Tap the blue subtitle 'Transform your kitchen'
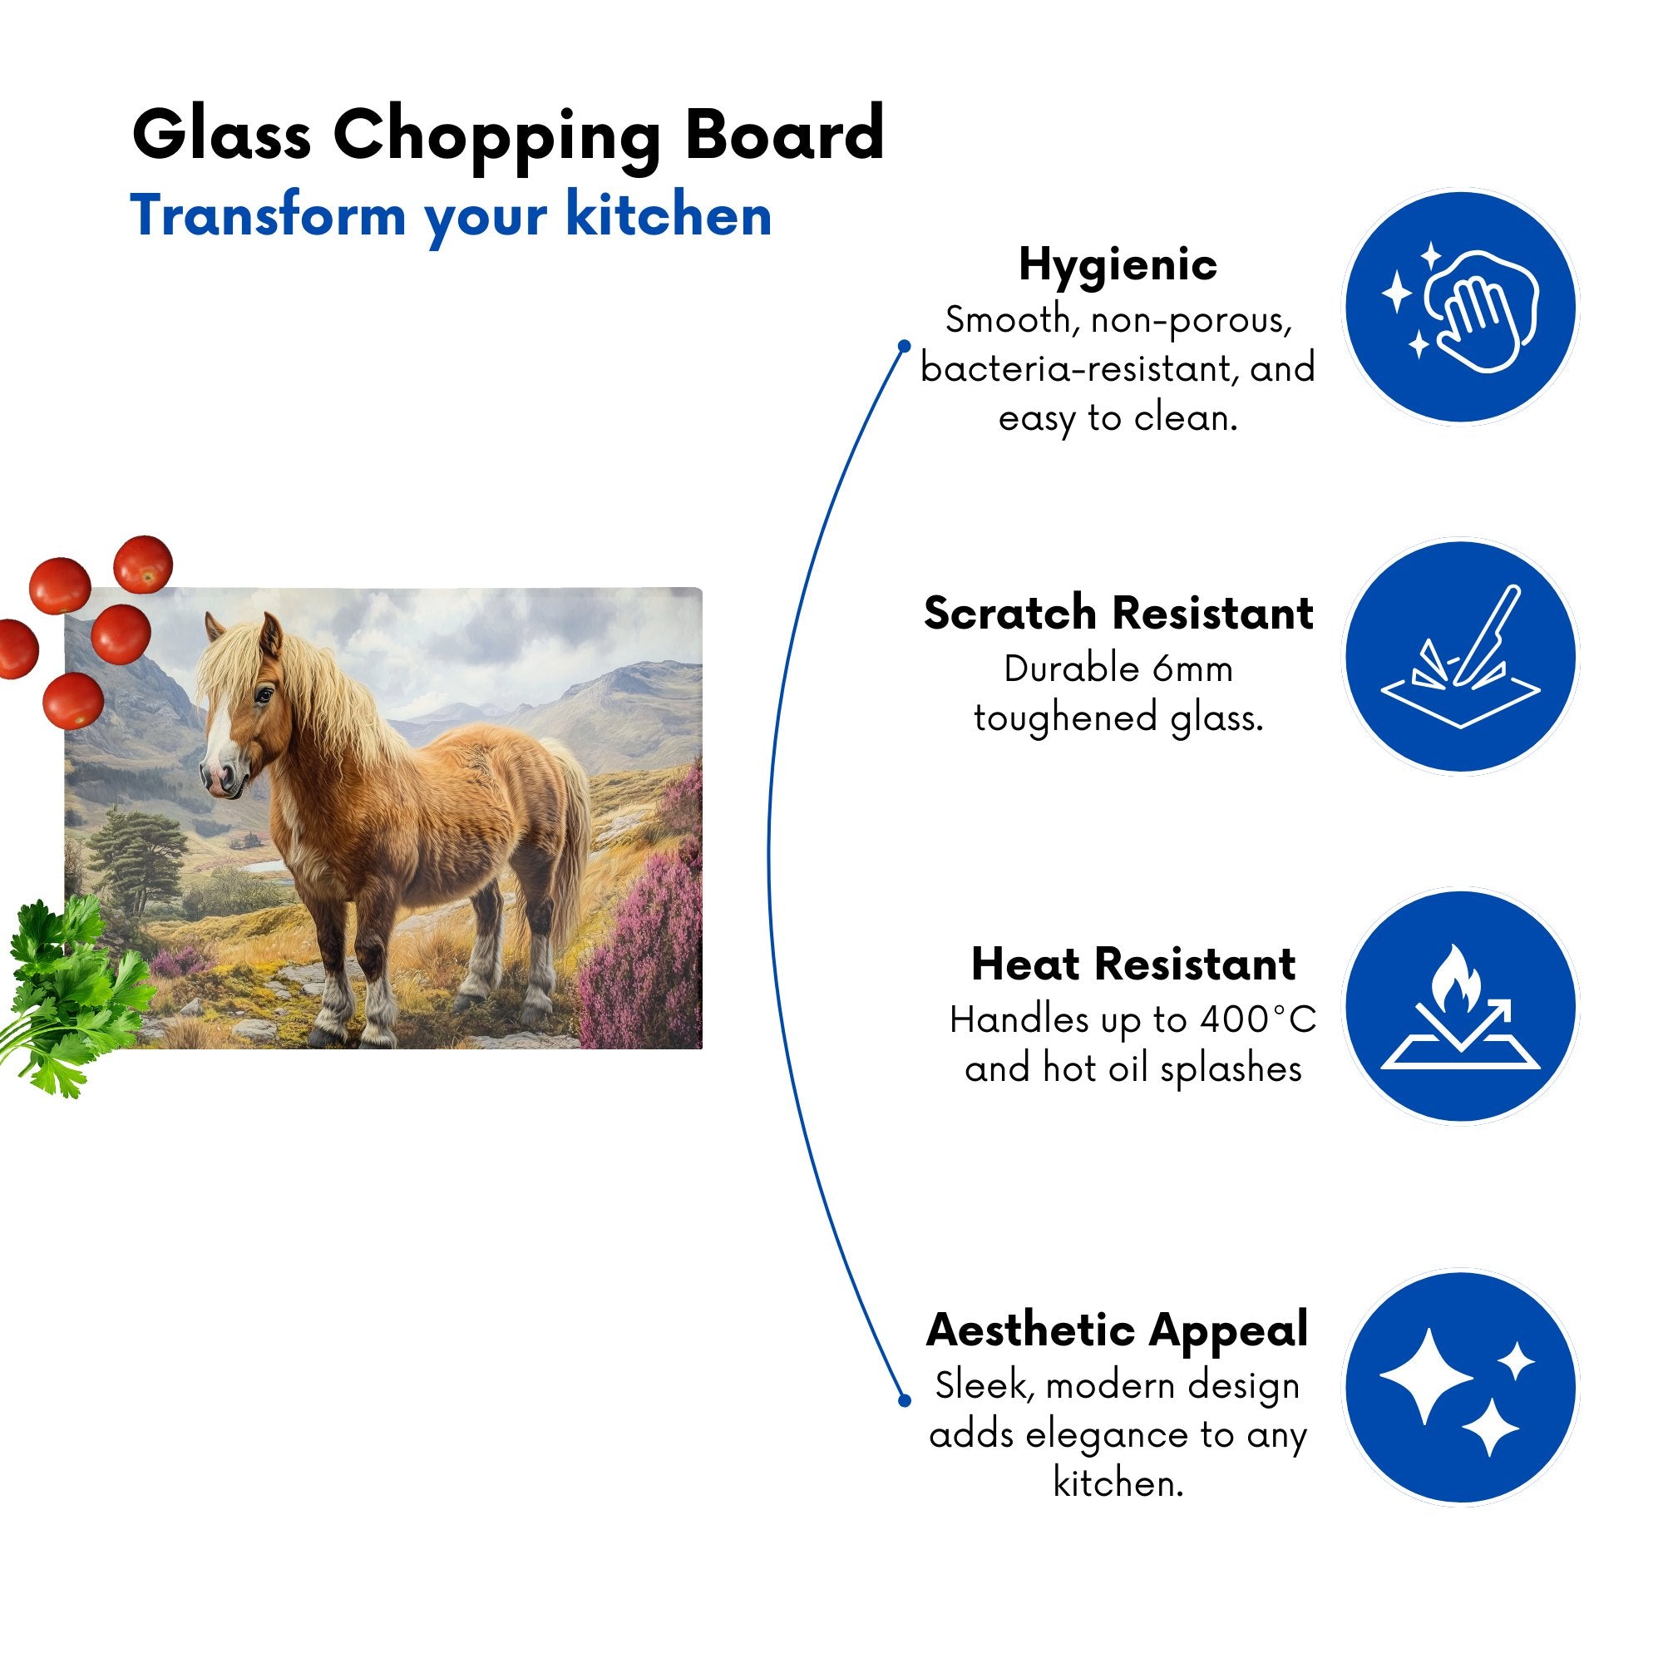coord(450,217)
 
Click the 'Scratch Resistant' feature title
coord(1118,614)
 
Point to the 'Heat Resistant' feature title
coord(1133,964)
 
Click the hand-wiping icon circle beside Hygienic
coord(1461,308)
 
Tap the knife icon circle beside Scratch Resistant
coord(1461,657)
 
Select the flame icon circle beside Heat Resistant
coord(1461,1006)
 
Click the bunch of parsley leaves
coord(73,989)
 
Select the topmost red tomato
coord(144,564)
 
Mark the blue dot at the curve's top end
coord(904,346)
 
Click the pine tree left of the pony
coord(138,852)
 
